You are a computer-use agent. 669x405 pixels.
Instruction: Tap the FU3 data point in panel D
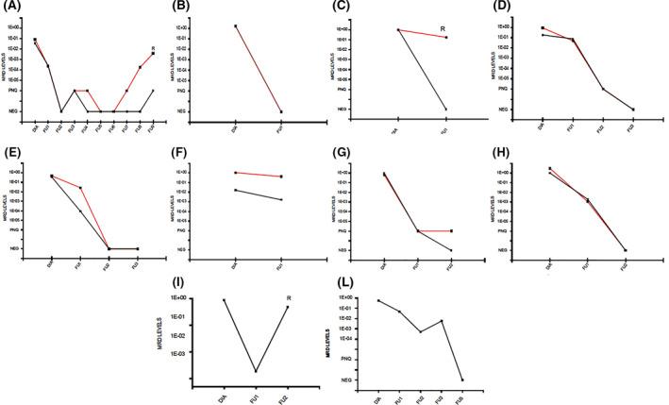point(633,110)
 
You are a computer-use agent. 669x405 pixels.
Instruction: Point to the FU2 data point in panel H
point(624,249)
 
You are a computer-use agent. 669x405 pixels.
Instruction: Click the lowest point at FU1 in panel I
point(256,371)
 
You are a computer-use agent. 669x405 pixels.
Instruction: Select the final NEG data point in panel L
point(461,380)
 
